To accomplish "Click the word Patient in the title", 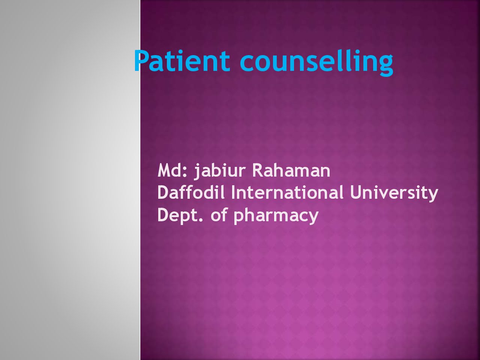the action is click(182, 60).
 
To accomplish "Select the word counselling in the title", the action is click(316, 63).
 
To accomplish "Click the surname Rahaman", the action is click(291, 171).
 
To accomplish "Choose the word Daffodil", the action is click(191, 192).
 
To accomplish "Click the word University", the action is click(394, 193).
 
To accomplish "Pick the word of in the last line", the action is click(219, 214).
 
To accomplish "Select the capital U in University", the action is click(355, 193).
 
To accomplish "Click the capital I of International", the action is click(233, 193).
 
